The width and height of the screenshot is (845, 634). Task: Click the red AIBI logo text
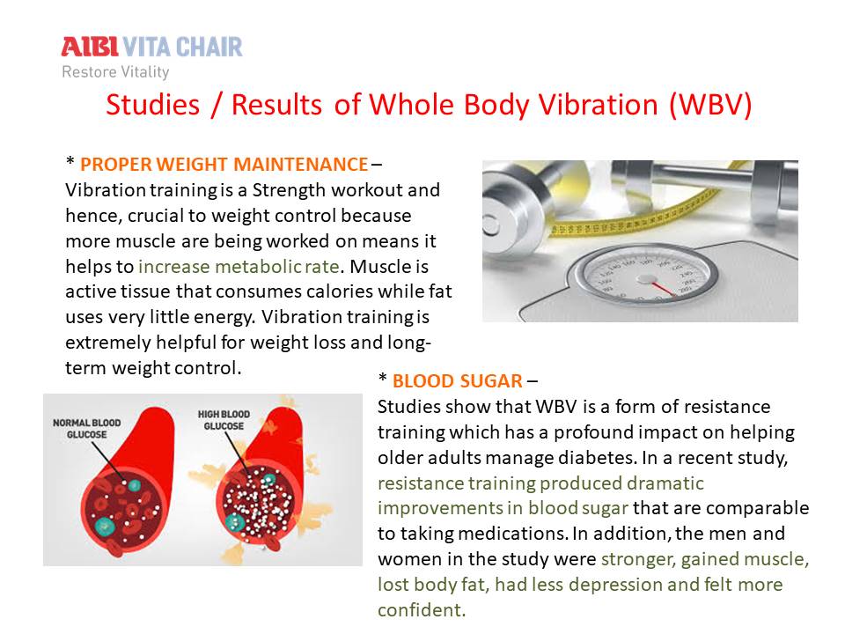[90, 47]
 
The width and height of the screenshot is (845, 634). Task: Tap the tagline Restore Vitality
[115, 71]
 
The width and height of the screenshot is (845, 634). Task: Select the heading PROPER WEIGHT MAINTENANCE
[224, 164]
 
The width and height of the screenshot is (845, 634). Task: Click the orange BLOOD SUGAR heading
[458, 381]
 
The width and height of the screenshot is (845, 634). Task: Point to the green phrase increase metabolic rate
[239, 266]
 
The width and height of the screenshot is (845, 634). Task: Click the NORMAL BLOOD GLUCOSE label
[87, 429]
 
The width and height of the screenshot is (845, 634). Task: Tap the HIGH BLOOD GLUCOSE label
[224, 420]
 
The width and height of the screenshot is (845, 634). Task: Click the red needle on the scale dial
[663, 289]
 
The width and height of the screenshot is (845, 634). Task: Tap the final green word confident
[422, 610]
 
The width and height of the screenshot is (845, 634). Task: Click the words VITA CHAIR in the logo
[183, 47]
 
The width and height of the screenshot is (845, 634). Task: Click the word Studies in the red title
[152, 105]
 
